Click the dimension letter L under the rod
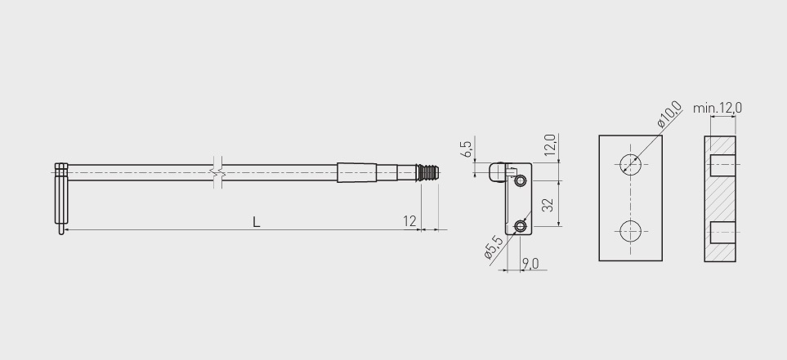[256, 222]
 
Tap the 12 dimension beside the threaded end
[409, 221]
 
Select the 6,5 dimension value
[467, 149]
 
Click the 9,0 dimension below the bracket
[530, 263]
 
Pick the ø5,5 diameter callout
[494, 247]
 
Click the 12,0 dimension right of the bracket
[550, 145]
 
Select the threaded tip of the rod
[428, 172]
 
